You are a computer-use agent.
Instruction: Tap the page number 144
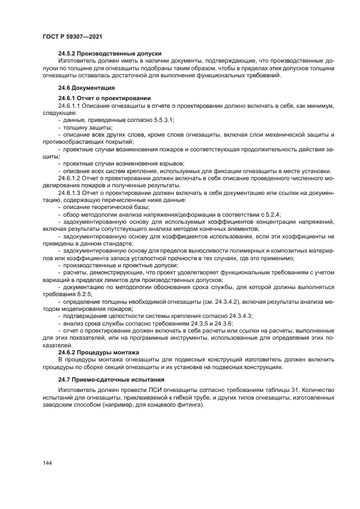pos(47,463)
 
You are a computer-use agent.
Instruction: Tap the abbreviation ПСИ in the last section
pos(153,390)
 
